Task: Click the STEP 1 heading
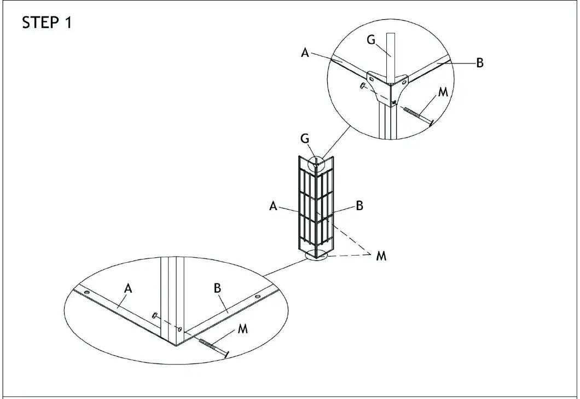[47, 24]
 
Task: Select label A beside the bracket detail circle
[305, 53]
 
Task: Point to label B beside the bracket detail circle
[479, 62]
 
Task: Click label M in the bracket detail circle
[443, 92]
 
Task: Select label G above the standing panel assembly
[304, 138]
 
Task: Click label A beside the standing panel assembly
[273, 206]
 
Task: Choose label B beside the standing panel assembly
[359, 206]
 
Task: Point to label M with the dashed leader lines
[381, 256]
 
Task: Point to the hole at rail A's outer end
[86, 293]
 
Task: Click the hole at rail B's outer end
[257, 296]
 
